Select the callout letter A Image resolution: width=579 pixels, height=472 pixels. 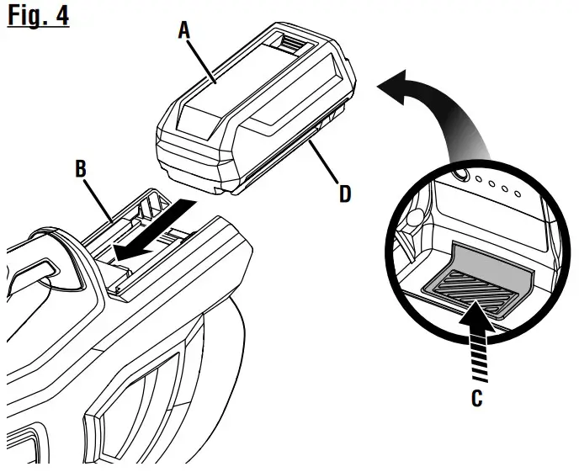click(x=183, y=31)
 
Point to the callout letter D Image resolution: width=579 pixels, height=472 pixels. click(x=344, y=194)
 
